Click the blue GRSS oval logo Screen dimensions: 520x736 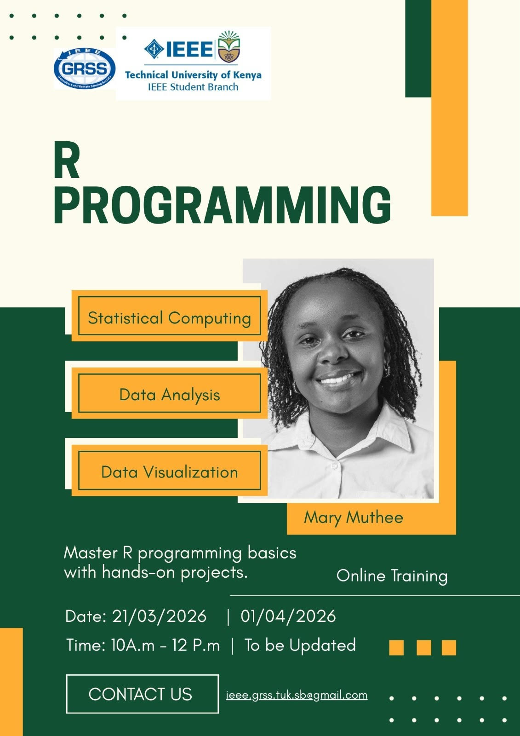(x=85, y=68)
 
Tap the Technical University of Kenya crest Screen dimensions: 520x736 (x=229, y=46)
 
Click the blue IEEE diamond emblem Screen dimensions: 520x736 (x=154, y=49)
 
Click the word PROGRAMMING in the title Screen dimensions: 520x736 (x=223, y=205)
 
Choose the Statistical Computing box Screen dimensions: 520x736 (x=170, y=316)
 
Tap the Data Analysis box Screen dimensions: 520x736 (x=170, y=393)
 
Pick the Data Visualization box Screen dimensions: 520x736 (x=170, y=471)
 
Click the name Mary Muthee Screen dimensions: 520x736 (x=354, y=518)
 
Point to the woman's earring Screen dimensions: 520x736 (x=386, y=371)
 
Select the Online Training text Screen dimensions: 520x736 (x=392, y=576)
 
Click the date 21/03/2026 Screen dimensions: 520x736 (x=160, y=616)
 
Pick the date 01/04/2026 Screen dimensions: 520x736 (x=288, y=616)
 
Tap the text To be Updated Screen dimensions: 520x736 (x=300, y=645)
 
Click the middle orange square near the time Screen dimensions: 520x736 (x=424, y=648)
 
